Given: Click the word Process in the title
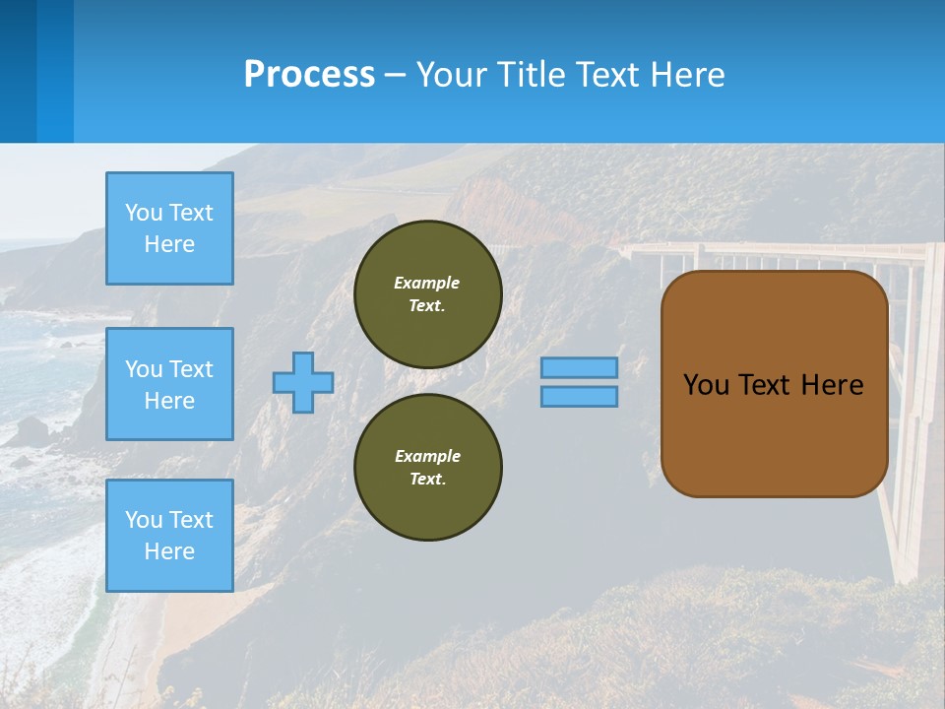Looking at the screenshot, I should pyautogui.click(x=309, y=75).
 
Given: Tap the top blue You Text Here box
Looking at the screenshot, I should pyautogui.click(x=169, y=228).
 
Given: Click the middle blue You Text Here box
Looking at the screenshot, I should pyautogui.click(x=169, y=384).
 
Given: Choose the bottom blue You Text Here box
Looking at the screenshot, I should pyautogui.click(x=169, y=536).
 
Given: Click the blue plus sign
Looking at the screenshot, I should pyautogui.click(x=303, y=382).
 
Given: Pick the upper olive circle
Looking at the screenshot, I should pyautogui.click(x=428, y=294).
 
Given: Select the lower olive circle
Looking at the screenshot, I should pyautogui.click(x=428, y=468).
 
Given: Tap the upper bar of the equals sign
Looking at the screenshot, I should pyautogui.click(x=579, y=368).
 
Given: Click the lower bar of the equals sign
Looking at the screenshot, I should pyautogui.click(x=579, y=396).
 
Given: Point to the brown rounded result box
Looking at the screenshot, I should pyautogui.click(x=774, y=433).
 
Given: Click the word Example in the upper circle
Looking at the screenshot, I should pyautogui.click(x=427, y=283).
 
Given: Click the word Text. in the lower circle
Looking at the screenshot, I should pyautogui.click(x=427, y=479).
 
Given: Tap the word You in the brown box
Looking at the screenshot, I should pyautogui.click(x=705, y=385).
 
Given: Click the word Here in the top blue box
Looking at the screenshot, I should pyautogui.click(x=169, y=244).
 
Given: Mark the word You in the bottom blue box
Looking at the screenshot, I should pyautogui.click(x=144, y=520).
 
